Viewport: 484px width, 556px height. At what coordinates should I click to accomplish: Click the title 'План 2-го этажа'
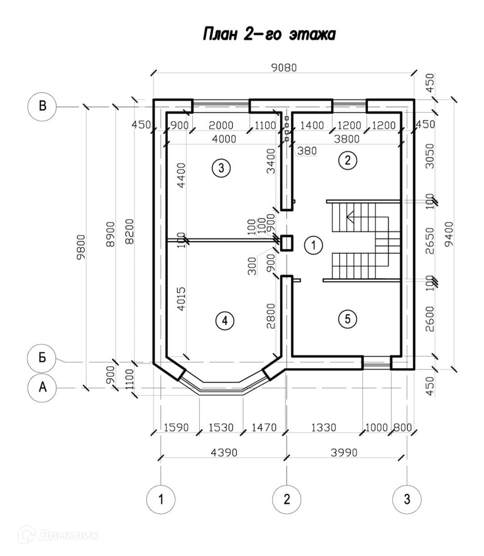coord(269,35)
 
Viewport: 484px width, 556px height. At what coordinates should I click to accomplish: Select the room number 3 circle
coord(221,168)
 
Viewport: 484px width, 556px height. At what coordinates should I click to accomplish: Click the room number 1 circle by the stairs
coord(313,246)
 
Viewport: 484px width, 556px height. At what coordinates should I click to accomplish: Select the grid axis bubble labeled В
coord(43,106)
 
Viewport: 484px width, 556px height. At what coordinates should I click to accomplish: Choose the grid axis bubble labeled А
coord(43,387)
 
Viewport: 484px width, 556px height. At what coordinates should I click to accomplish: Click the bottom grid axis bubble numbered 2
coord(287,498)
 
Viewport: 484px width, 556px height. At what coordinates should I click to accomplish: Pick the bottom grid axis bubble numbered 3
coord(407,498)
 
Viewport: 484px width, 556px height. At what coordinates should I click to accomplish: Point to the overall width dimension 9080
coord(283,68)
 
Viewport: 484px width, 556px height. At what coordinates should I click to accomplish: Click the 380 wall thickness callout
coord(307,151)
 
